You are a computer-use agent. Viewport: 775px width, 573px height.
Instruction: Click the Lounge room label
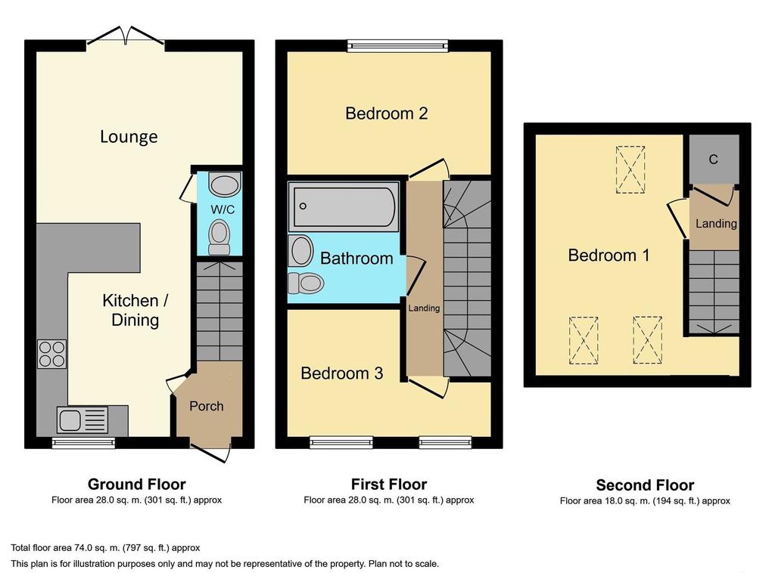(x=129, y=136)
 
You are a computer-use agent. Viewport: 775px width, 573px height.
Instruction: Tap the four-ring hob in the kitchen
(x=52, y=354)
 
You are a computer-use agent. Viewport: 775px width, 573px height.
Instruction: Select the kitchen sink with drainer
(x=82, y=420)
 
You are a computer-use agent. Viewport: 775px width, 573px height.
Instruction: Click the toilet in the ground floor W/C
(x=219, y=237)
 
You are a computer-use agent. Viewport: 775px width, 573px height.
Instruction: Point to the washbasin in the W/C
(x=225, y=184)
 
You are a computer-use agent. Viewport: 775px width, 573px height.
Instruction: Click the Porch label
(x=207, y=406)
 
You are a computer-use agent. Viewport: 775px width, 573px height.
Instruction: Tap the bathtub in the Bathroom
(x=344, y=207)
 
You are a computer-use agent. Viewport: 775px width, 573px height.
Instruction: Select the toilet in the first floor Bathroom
(x=306, y=283)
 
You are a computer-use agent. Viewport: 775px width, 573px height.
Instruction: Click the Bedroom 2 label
(x=387, y=113)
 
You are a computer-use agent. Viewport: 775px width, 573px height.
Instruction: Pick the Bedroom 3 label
(x=341, y=373)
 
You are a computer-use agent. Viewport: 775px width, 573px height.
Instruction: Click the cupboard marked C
(x=713, y=160)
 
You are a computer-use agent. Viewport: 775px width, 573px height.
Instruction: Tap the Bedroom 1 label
(x=608, y=256)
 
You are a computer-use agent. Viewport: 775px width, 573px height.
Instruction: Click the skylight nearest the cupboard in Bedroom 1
(x=630, y=169)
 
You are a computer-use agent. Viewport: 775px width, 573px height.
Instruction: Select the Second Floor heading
(x=645, y=485)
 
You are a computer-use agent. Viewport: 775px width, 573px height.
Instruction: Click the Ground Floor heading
(x=137, y=484)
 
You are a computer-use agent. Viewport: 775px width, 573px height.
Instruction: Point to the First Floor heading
(x=389, y=484)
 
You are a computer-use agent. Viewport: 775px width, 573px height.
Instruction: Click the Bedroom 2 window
(x=398, y=46)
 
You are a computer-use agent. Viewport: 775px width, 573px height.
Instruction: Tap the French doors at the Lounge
(x=126, y=39)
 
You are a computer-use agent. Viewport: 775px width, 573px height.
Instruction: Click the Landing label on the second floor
(x=716, y=224)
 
